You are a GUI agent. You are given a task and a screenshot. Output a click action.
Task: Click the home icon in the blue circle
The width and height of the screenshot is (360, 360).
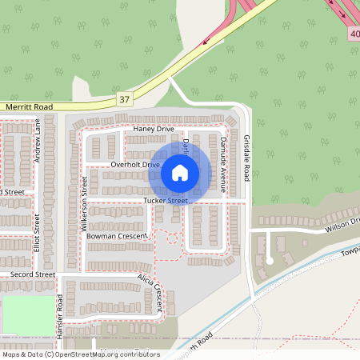point(179,171)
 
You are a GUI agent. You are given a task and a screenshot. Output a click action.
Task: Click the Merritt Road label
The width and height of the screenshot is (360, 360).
point(29,106)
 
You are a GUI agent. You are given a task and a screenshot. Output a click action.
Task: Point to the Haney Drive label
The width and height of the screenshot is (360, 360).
point(154,128)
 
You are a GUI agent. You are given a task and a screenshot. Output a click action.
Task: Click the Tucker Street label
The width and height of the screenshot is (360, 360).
point(166,200)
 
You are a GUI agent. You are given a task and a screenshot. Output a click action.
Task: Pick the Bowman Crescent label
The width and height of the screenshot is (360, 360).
point(117,237)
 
